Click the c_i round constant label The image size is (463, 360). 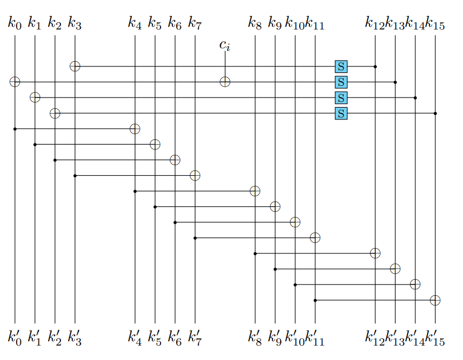(225, 45)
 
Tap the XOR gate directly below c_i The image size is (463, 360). (225, 82)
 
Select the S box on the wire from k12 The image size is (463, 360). (341, 66)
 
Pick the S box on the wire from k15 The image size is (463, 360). (341, 113)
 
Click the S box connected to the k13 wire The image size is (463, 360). (341, 82)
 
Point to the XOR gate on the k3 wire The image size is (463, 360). (75, 66)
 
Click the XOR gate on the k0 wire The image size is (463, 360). (15, 82)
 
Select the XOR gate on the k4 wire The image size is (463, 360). (135, 129)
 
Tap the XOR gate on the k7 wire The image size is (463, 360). (195, 175)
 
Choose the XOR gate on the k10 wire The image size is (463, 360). (295, 222)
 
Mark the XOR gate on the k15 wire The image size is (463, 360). (435, 300)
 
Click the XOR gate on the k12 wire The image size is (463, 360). (375, 253)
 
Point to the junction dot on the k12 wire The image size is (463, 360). (375, 66)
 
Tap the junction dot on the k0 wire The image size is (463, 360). (15, 129)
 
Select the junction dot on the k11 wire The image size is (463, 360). (315, 300)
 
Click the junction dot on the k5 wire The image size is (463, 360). (155, 207)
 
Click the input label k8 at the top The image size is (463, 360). (255, 23)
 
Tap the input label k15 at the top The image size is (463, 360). (435, 23)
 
